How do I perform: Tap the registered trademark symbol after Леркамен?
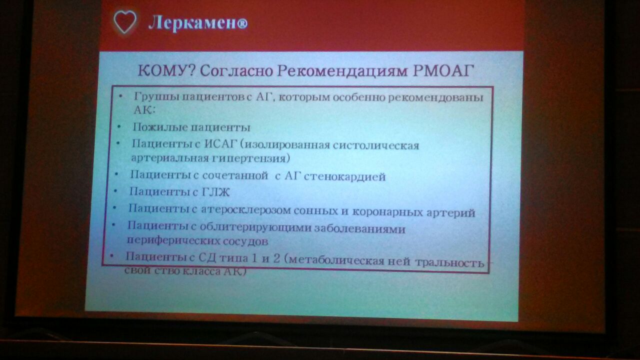242,24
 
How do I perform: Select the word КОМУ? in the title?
166,70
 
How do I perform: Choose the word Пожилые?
159,127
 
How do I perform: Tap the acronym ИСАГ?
220,144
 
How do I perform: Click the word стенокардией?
344,177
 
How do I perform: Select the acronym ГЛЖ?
215,192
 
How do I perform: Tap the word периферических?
172,240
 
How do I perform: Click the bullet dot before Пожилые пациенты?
119,126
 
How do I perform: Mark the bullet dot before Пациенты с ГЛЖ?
115,191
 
